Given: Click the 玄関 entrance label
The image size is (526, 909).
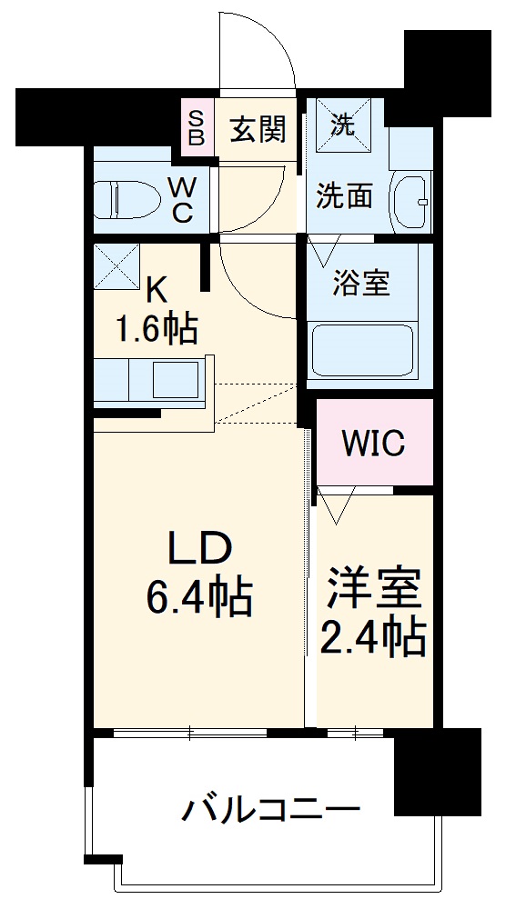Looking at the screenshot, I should [258, 130].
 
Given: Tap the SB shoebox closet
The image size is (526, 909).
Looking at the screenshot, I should [197, 127].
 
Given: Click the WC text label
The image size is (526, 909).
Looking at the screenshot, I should [183, 200].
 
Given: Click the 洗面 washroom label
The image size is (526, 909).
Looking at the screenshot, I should [343, 195].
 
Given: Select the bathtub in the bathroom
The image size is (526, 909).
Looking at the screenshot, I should [361, 349].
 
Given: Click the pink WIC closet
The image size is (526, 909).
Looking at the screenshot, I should [373, 443].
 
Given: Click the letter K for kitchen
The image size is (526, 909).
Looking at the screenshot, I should [157, 290].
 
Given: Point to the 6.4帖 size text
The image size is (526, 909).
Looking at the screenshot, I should [199, 597].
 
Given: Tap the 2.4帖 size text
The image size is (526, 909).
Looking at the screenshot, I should [373, 639].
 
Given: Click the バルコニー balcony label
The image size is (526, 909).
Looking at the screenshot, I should [271, 808].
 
